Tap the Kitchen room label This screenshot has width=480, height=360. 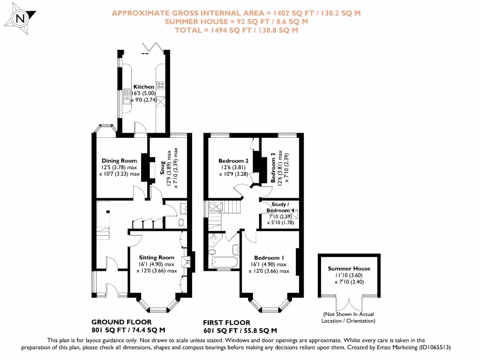tap(143, 87)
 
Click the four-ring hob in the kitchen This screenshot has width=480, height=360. tap(161, 85)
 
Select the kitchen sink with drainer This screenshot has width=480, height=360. tap(126, 97)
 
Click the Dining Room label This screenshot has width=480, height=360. tap(119, 161)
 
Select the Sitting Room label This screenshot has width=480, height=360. tap(157, 257)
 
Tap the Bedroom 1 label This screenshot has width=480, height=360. tap(269, 258)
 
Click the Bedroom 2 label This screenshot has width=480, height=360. tap(233, 161)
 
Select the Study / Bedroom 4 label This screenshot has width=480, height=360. tap(280, 208)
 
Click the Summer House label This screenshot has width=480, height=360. tap(349, 269)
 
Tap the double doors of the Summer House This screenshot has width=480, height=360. tap(349, 302)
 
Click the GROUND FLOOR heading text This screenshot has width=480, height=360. tap(121, 322)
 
